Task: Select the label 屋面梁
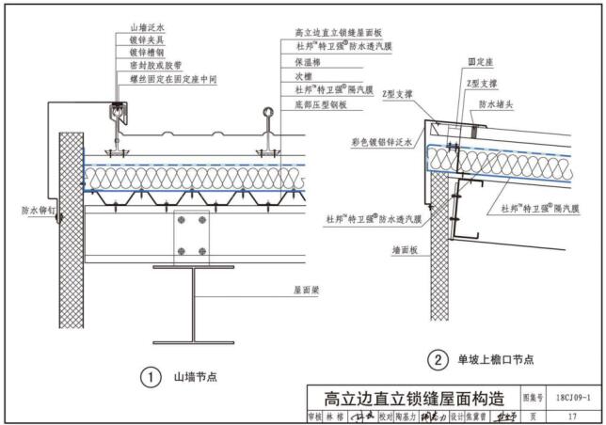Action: pyautogui.click(x=308, y=291)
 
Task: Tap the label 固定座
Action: pyautogui.click(x=478, y=62)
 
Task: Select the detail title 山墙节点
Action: pyautogui.click(x=195, y=378)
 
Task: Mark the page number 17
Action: pyautogui.click(x=574, y=417)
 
